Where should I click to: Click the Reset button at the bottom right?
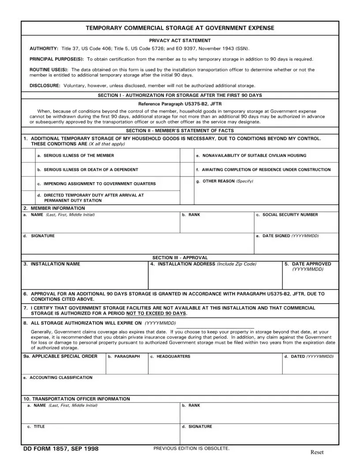click(317, 452)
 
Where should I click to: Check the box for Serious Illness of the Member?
click(28, 155)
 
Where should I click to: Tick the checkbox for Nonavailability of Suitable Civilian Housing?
click(187, 155)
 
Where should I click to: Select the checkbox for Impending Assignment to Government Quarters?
click(28, 184)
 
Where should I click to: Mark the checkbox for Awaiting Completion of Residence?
click(187, 169)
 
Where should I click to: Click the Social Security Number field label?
click(287, 215)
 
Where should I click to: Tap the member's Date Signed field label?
click(287, 236)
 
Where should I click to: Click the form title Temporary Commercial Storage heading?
click(180, 28)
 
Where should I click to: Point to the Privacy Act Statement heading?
click(180, 41)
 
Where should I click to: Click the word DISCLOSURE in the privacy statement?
click(45, 86)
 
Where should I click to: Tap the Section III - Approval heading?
click(180, 258)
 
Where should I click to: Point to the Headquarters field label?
click(170, 357)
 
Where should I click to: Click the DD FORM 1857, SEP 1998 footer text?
click(61, 449)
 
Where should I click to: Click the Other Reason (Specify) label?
click(225, 181)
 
